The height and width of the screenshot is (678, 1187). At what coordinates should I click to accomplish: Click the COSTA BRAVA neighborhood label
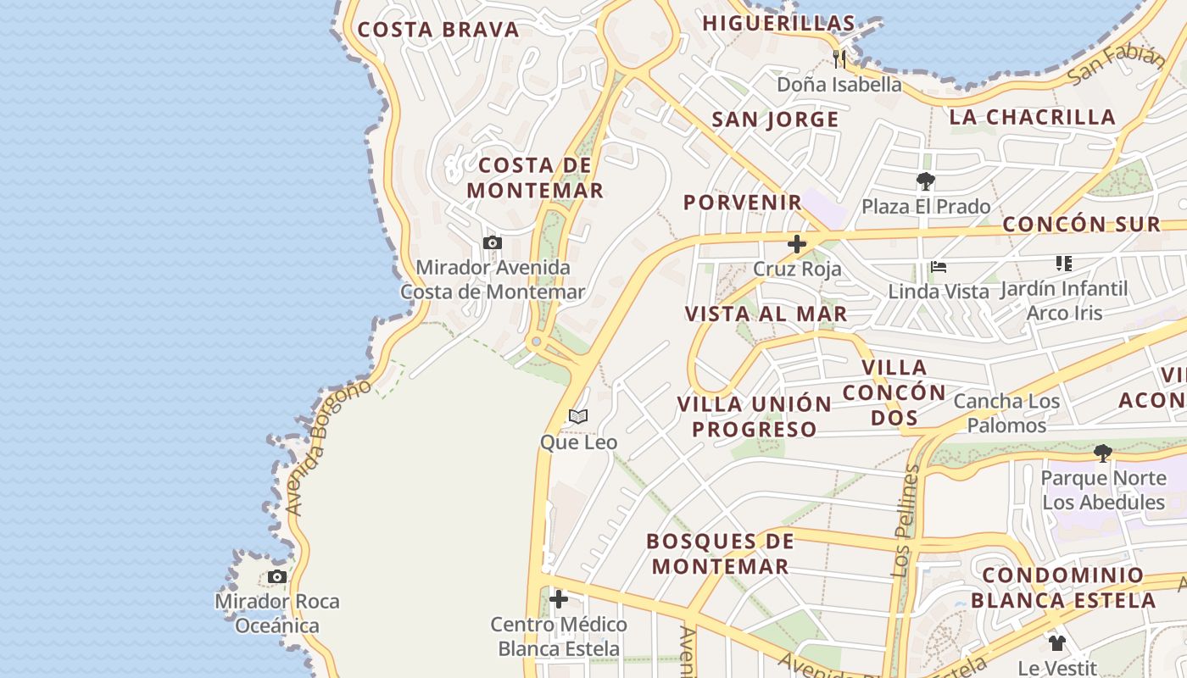point(437,30)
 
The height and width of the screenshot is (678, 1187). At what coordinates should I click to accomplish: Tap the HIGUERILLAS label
point(778,23)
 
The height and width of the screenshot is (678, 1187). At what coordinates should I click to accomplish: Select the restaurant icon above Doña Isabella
point(839,58)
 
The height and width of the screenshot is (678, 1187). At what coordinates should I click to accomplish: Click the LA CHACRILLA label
point(1032,117)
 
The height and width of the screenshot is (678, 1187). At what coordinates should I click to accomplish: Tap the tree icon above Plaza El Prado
point(925,181)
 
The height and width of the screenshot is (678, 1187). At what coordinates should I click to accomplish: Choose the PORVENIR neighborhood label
point(743,203)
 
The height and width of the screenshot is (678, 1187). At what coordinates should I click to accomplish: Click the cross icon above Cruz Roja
point(797,244)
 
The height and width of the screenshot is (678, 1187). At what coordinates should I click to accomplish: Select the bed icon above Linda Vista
point(939,266)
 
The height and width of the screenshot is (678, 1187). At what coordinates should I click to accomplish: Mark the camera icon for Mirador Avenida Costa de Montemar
point(492,243)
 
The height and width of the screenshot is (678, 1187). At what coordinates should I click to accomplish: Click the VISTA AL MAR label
point(766,314)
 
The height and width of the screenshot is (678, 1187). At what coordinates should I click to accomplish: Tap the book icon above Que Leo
point(578,416)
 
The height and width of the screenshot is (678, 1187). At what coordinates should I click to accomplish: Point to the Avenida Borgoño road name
point(329,447)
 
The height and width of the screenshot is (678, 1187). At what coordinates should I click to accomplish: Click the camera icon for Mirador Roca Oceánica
point(276,577)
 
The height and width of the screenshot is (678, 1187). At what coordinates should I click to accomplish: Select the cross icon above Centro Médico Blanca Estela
point(559,599)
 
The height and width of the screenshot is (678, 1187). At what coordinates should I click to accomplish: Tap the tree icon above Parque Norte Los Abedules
point(1102,453)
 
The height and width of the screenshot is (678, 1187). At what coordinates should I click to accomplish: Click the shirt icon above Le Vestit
point(1056,643)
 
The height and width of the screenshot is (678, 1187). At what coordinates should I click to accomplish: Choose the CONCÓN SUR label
point(1081,225)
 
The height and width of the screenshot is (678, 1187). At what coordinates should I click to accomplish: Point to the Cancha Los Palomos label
point(1007,413)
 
